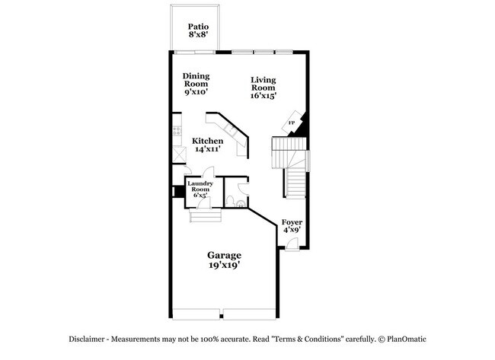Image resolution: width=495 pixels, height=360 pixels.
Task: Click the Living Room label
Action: (x=263, y=83)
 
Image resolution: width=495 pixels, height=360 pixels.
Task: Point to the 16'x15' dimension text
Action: (x=263, y=96)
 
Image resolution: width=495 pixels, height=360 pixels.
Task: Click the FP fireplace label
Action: (x=291, y=123)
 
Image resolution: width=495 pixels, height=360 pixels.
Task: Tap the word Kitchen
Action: (x=207, y=141)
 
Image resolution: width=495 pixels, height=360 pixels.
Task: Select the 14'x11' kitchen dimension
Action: (x=207, y=150)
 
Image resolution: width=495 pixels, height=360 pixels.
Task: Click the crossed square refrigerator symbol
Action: (x=179, y=154)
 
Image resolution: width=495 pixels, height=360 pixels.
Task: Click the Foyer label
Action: (x=292, y=223)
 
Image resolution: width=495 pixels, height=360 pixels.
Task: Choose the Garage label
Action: (x=225, y=255)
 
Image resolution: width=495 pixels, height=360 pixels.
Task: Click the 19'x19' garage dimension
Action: (x=225, y=266)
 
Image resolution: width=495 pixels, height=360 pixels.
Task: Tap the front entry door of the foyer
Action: (x=292, y=246)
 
